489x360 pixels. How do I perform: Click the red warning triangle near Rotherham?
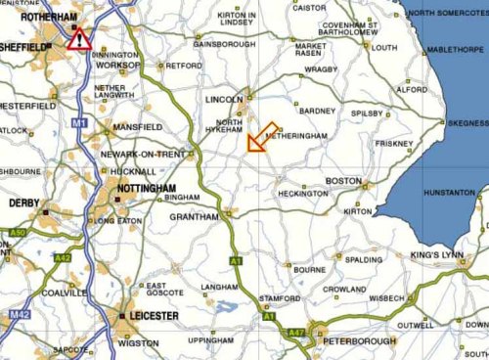(80, 39)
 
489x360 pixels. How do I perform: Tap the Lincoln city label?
(224, 101)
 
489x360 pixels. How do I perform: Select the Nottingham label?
(147, 188)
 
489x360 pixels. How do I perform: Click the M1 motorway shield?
(78, 122)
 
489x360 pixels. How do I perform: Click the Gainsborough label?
(224, 44)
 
